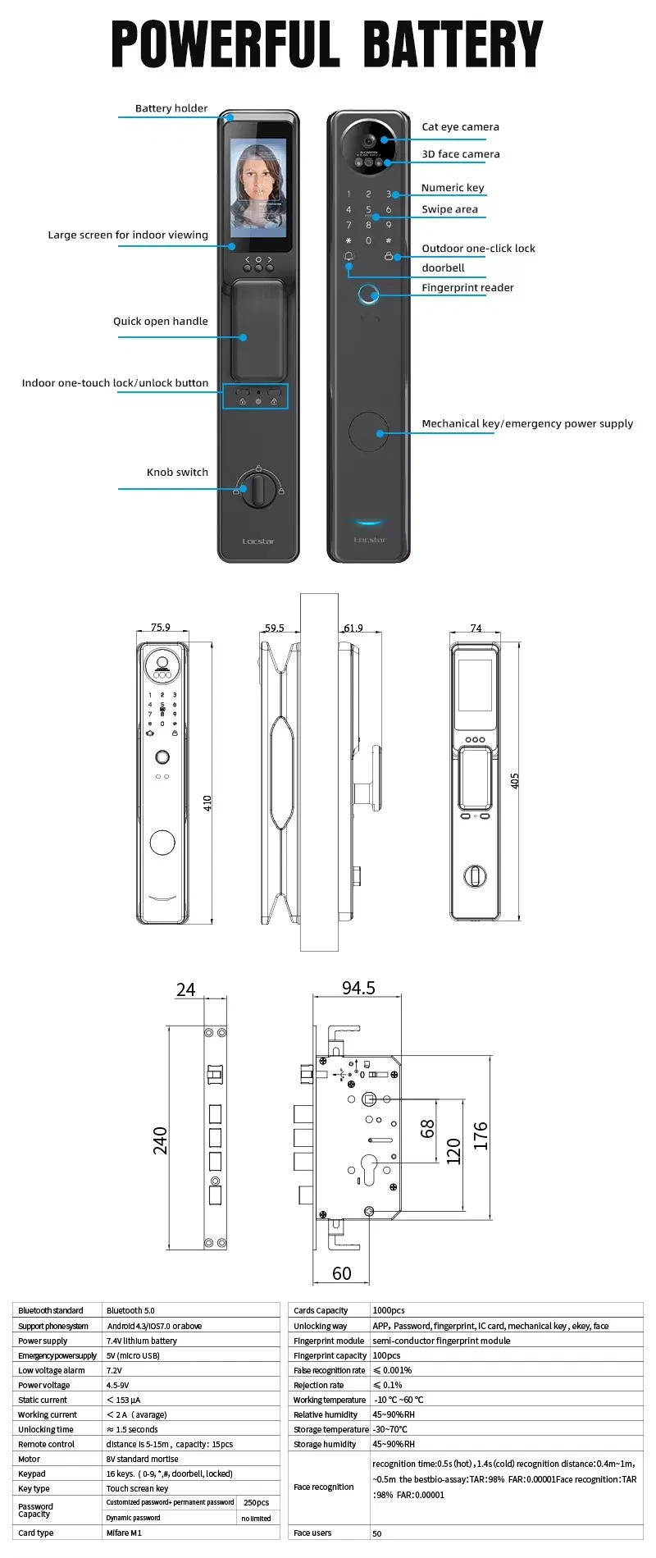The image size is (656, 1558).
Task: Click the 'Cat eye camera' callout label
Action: click(460, 127)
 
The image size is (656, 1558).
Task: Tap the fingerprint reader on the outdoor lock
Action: click(369, 295)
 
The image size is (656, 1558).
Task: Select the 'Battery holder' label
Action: click(171, 108)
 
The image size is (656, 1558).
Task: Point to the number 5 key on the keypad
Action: click(368, 210)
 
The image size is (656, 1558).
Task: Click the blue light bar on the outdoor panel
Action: click(369, 521)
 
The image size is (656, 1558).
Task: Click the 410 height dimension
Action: click(207, 802)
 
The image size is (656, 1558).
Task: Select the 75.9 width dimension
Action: click(161, 628)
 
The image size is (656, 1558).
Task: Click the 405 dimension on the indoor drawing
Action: click(515, 780)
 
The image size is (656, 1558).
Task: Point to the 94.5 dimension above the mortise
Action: click(358, 988)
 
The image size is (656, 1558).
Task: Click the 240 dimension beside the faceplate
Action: click(160, 1140)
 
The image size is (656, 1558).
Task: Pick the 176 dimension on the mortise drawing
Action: click(481, 1135)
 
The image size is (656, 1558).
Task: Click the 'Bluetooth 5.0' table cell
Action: click(130, 1310)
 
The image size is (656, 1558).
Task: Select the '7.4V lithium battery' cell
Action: click(141, 1341)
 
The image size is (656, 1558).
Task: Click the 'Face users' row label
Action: click(312, 1533)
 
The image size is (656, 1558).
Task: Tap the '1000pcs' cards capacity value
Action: click(389, 1310)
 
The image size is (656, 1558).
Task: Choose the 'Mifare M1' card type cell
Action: click(124, 1533)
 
